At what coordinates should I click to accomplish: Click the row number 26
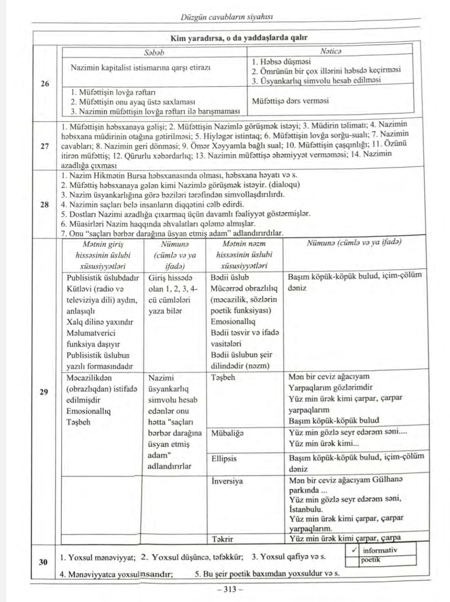(45, 84)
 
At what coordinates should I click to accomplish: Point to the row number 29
(45, 392)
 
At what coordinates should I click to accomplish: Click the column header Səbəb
(154, 53)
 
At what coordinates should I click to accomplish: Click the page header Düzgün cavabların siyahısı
(227, 17)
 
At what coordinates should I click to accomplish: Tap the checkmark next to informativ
(354, 550)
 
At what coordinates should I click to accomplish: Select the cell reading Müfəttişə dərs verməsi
(290, 101)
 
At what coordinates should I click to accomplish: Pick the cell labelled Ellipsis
(224, 459)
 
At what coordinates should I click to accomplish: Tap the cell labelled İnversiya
(227, 481)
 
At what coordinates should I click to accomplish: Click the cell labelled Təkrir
(222, 539)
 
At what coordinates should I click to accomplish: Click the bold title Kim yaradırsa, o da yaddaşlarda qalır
(239, 38)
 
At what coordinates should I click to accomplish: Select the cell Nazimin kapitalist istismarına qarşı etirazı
(140, 67)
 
